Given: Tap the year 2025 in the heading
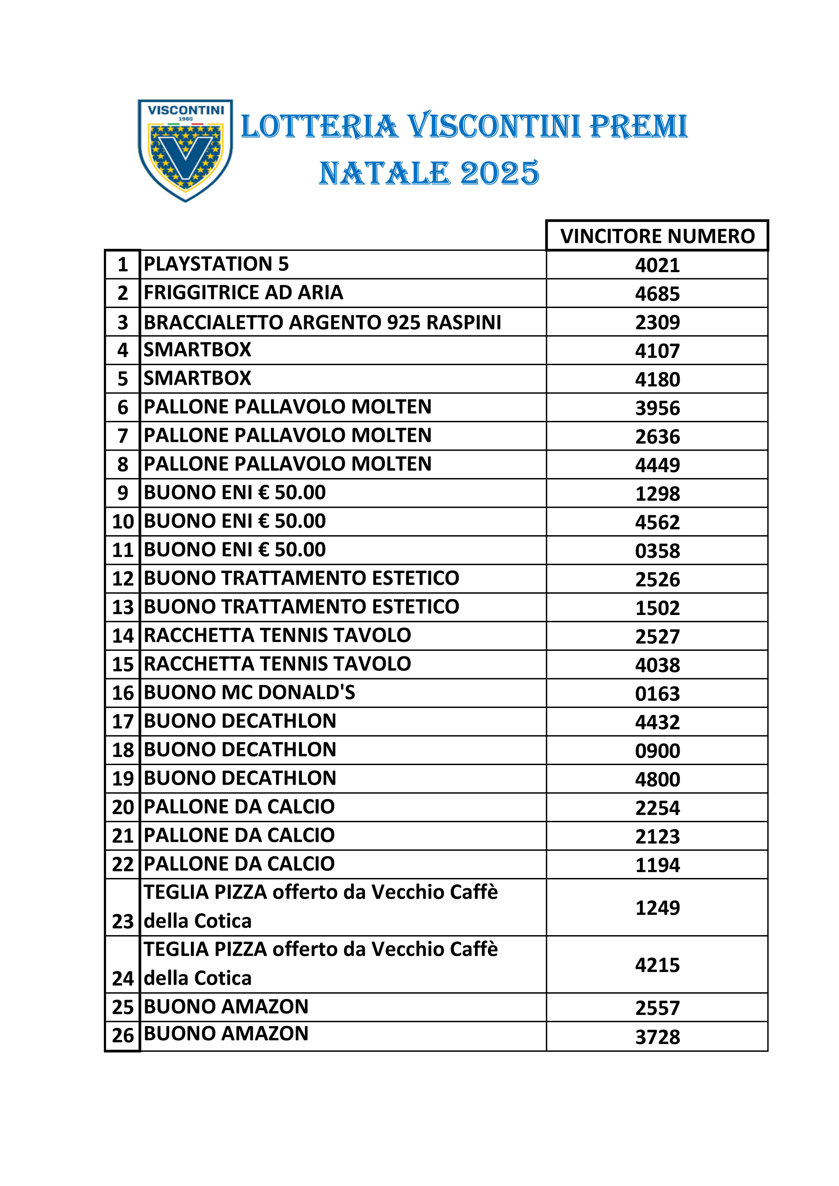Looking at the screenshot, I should coord(499,173).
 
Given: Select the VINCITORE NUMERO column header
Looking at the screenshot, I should coord(657,236).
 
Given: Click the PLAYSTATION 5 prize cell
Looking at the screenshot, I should coord(216,264).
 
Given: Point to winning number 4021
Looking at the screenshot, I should coord(657,265).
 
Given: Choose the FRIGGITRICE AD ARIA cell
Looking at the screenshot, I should coord(243,292).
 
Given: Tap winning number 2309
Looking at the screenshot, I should coord(657,322).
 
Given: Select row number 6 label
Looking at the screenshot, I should coord(122,407).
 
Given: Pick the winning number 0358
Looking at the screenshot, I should coord(657,551).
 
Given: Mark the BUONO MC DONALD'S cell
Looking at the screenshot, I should coord(249,692).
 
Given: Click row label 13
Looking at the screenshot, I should coord(122,608).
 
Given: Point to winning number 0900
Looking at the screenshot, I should coord(657,751).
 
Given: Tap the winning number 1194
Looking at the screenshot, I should coord(657,865).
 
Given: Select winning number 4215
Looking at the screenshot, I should coord(657,965).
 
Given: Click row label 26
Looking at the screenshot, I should coord(122,1035).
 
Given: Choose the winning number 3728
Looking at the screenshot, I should coord(657,1037).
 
